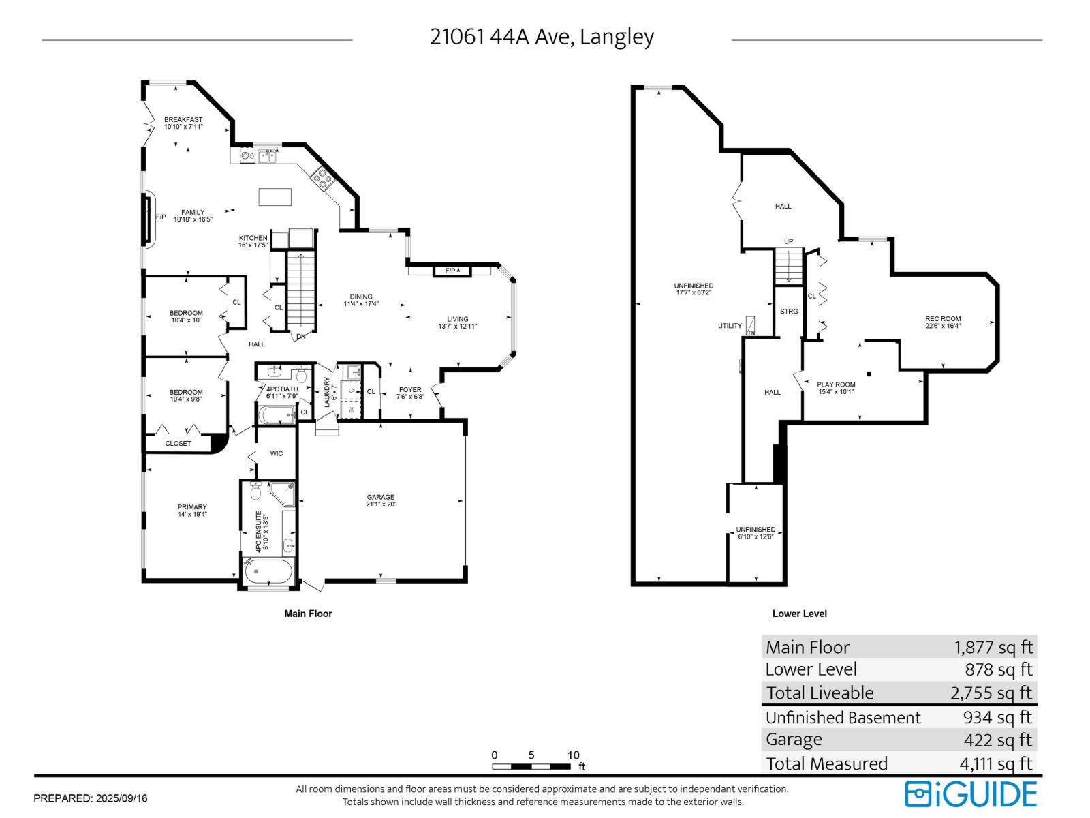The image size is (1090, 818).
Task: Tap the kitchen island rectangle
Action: pos(275,196)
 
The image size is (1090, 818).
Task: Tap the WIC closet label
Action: pos(276,454)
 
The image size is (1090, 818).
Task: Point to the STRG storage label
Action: pos(789,312)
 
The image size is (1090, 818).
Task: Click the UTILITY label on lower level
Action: pos(730,326)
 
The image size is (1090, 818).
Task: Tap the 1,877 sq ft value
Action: pos(993,647)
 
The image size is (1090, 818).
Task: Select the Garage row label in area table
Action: pos(794,740)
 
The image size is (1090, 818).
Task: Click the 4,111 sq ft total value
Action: pos(995,763)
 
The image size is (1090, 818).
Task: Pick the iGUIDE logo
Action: pos(971,794)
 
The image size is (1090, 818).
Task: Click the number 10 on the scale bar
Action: pos(574,755)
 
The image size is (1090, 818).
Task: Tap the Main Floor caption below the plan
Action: pos(308,613)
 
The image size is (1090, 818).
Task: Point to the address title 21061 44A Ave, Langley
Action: pos(542,37)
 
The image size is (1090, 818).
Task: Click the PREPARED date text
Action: pos(91,798)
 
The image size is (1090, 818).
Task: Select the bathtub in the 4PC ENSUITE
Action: pos(268,571)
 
